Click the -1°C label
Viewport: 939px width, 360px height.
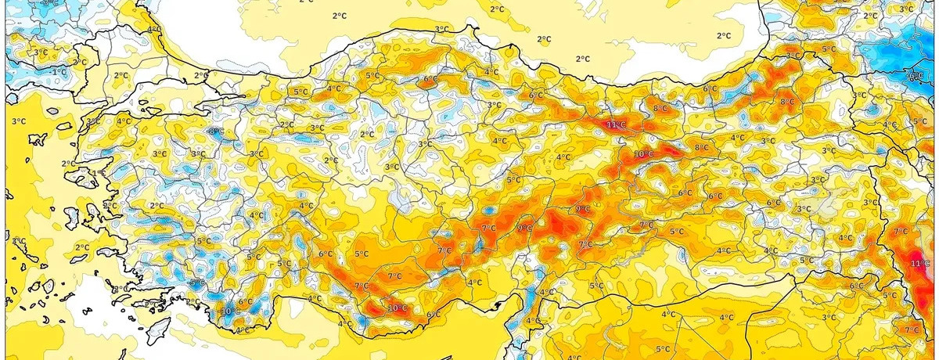[58, 71]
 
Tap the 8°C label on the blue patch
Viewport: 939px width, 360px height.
[214, 131]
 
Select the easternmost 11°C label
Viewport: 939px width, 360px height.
[920, 264]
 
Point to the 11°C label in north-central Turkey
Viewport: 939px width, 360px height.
[616, 124]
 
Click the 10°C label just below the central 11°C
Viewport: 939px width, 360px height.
[643, 154]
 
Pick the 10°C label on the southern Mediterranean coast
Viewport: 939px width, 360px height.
[398, 308]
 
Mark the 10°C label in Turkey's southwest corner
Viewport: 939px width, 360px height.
[229, 311]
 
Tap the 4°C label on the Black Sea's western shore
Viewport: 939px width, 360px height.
[154, 30]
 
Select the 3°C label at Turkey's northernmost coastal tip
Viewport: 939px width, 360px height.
[441, 29]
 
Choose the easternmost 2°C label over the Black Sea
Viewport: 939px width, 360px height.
[724, 35]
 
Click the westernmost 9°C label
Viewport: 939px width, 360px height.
[524, 228]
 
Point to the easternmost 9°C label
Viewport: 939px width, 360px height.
[583, 209]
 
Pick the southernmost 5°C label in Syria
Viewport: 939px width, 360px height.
[662, 348]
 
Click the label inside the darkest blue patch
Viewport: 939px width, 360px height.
[914, 77]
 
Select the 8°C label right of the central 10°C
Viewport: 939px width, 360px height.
[702, 147]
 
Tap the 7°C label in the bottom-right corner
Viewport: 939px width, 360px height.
[912, 330]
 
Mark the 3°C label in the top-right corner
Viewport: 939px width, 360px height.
[906, 9]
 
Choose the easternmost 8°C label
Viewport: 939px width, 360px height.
[786, 102]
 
